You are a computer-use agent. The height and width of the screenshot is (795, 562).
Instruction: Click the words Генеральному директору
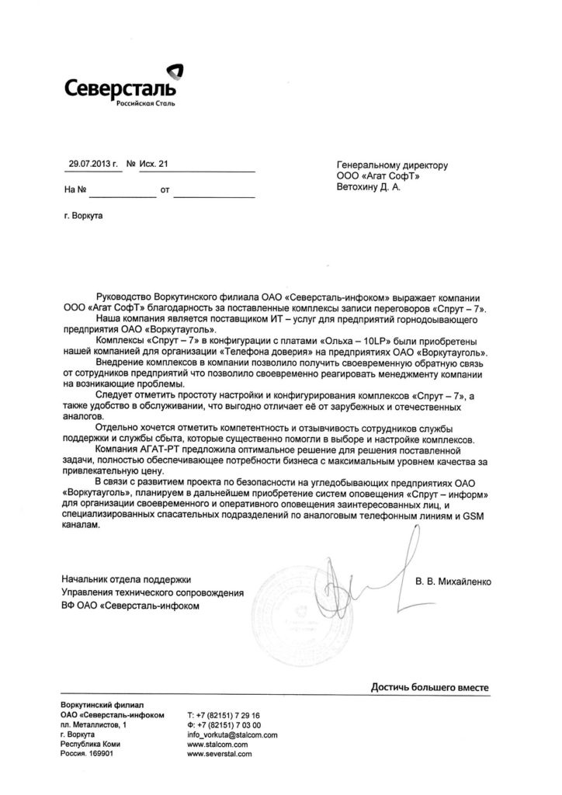[392, 165]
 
